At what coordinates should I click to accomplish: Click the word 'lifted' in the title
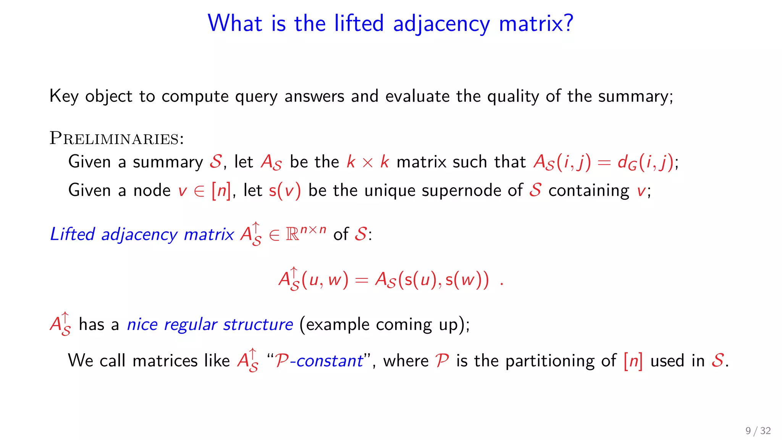click(x=359, y=23)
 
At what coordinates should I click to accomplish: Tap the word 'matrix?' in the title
click(x=536, y=23)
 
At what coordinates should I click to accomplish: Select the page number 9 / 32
click(x=758, y=431)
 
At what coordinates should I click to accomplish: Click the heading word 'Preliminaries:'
click(x=117, y=138)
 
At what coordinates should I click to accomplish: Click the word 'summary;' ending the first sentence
click(x=635, y=96)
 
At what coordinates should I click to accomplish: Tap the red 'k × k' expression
click(x=368, y=162)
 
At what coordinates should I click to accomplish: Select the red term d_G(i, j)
click(x=646, y=162)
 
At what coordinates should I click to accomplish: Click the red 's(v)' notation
click(x=285, y=190)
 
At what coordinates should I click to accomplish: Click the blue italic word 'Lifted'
click(x=73, y=234)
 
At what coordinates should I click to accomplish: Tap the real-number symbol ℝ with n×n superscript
click(x=305, y=233)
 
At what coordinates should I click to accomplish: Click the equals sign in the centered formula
click(x=361, y=280)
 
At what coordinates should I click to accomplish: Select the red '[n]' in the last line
click(x=633, y=361)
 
